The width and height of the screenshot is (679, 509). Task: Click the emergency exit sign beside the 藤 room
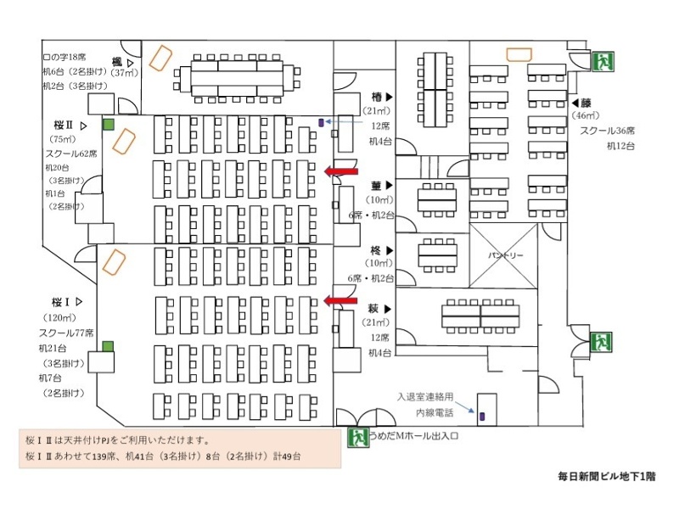coord(604,61)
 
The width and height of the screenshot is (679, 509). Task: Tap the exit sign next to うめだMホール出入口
coord(357,438)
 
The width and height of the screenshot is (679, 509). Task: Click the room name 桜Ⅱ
coord(65,125)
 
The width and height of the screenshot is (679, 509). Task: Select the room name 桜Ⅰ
coord(59,301)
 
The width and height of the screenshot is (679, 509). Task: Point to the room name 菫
coord(376,185)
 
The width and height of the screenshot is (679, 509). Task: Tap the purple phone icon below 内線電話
coord(482,417)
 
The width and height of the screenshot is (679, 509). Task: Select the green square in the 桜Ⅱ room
coord(109,125)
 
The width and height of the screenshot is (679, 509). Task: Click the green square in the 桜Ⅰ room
coord(108,345)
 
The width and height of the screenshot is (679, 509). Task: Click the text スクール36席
coord(608,131)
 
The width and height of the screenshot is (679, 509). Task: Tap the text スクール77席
coord(65,333)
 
